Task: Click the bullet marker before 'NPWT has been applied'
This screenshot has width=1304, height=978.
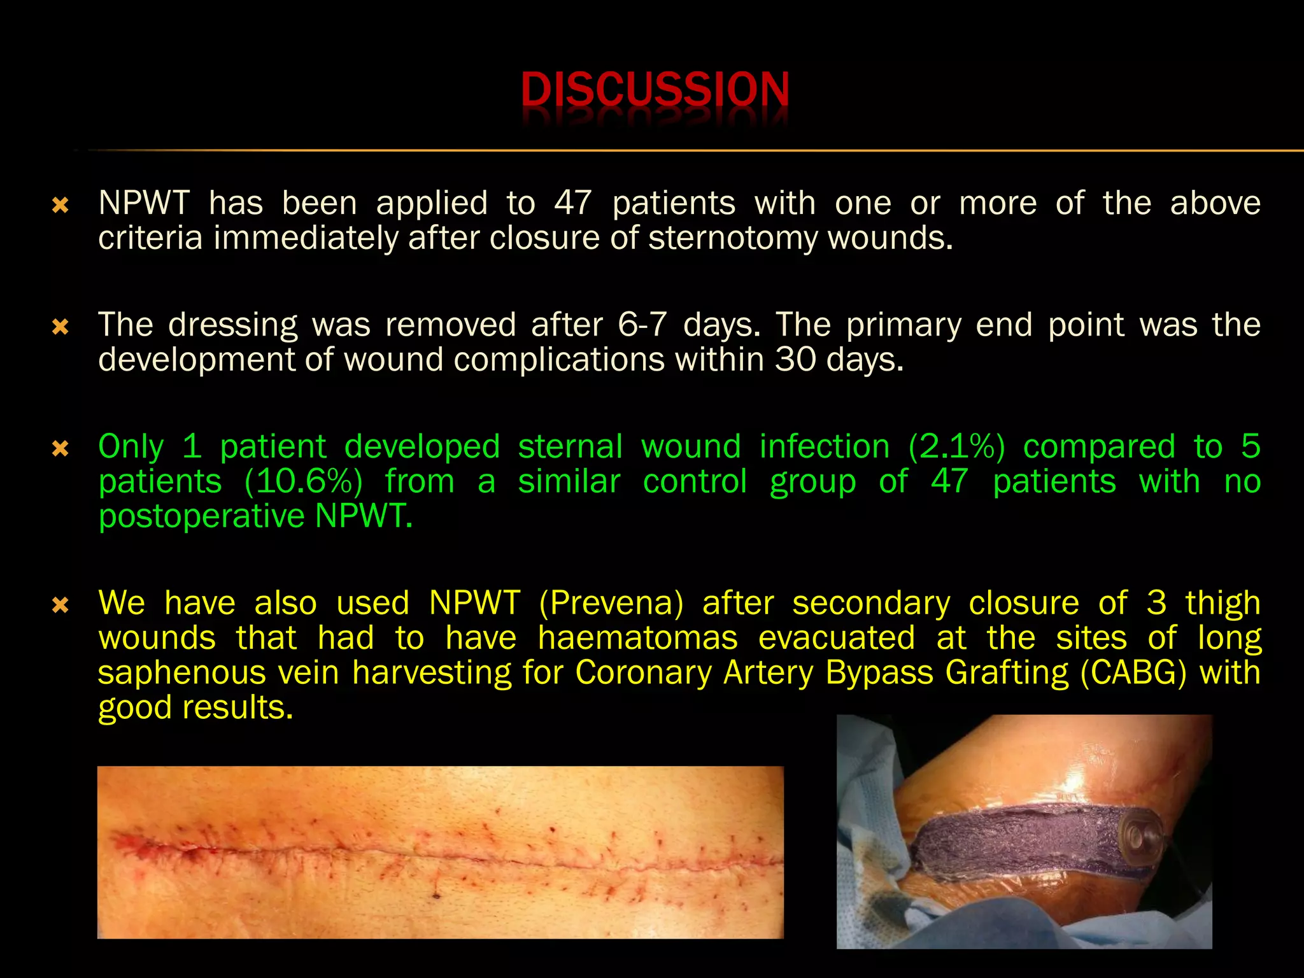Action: click(60, 205)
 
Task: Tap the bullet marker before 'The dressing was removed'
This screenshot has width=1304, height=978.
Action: click(60, 327)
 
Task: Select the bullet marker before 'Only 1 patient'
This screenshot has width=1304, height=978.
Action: click(60, 449)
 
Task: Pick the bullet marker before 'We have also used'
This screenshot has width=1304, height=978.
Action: click(60, 604)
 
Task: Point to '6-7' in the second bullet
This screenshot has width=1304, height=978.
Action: click(642, 325)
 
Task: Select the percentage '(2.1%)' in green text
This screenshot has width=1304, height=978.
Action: click(956, 447)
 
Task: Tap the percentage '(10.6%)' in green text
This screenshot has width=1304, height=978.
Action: click(303, 482)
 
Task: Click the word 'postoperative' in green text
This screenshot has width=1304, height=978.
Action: click(201, 516)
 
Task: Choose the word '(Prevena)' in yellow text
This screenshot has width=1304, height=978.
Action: click(611, 603)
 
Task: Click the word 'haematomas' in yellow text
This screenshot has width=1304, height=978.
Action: click(637, 638)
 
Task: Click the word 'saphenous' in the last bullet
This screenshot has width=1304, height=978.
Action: click(181, 673)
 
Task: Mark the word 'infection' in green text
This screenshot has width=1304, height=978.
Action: click(825, 447)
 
